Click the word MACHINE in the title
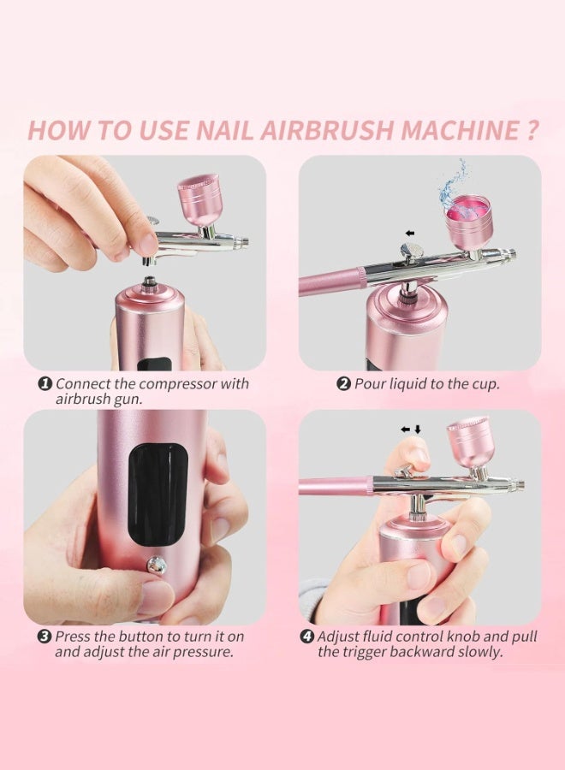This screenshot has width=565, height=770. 460,130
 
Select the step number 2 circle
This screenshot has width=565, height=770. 344,384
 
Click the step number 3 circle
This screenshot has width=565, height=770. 45,637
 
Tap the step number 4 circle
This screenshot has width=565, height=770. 307,637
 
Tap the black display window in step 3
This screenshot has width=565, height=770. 158,496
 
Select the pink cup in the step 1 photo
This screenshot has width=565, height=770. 199,198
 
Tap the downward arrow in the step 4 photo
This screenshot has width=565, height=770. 418,429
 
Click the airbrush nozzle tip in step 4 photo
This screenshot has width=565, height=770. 520,485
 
